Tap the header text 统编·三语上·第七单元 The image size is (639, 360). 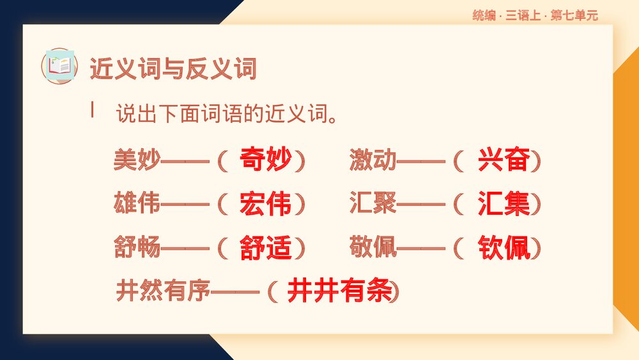[x=535, y=16]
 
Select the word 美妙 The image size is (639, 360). [x=137, y=160]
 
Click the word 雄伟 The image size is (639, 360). [x=137, y=203]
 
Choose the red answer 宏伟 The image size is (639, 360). [x=266, y=204]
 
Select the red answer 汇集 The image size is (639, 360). [x=504, y=204]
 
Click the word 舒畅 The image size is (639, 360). [x=137, y=247]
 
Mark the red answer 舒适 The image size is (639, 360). [x=266, y=247]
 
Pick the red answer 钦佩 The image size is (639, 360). [x=504, y=247]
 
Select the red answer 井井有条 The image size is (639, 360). [x=339, y=292]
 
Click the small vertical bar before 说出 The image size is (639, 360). [x=93, y=109]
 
